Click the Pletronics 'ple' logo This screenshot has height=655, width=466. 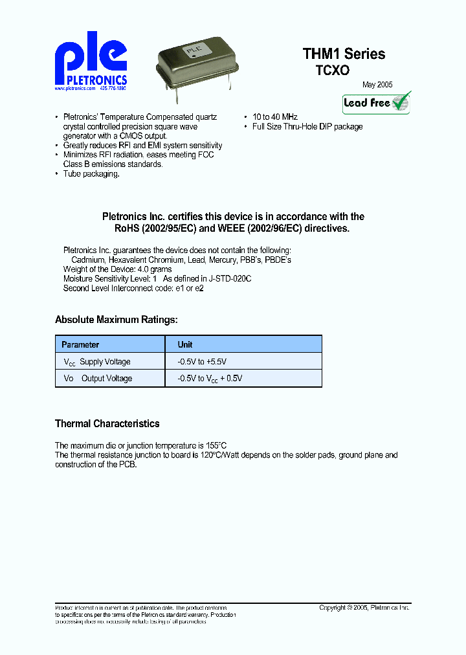(91, 61)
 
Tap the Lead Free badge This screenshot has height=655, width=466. (377, 103)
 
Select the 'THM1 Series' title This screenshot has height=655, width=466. (344, 54)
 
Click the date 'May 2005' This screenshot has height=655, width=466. (377, 85)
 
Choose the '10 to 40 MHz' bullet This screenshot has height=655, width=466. (275, 117)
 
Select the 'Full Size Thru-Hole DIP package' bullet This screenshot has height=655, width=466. (307, 127)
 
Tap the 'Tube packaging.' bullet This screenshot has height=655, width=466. (91, 175)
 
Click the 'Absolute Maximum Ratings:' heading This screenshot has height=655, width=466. (116, 319)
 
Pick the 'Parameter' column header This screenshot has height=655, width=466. (80, 345)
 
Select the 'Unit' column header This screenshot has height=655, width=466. (185, 345)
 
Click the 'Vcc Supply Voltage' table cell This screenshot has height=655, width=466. (97, 362)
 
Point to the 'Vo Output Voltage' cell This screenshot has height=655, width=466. (98, 379)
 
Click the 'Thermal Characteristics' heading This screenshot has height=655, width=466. (107, 424)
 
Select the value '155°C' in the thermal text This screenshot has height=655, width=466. (216, 445)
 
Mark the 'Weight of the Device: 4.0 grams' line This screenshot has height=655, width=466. (117, 269)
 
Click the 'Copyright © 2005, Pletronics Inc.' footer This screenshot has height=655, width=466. (364, 608)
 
